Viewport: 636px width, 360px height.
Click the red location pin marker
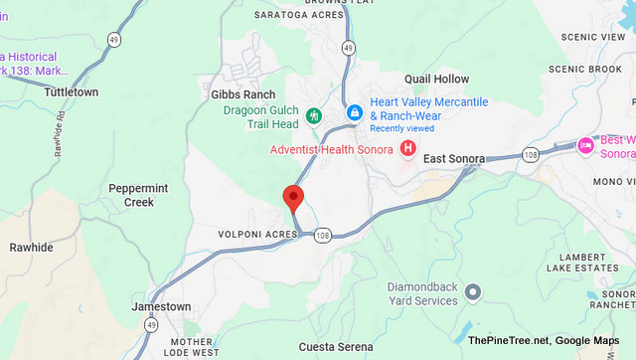tap(293, 196)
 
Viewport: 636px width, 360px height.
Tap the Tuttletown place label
tap(71, 90)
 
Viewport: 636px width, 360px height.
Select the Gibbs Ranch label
tap(242, 93)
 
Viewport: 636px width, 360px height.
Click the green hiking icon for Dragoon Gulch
tap(314, 115)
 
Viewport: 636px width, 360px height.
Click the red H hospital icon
tap(407, 149)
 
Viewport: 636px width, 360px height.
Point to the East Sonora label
tap(454, 159)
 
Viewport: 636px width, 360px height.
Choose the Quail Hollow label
tap(436, 79)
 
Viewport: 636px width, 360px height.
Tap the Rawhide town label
tap(31, 247)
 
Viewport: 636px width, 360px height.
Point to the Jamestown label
tap(161, 307)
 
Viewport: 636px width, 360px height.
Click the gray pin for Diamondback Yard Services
tap(472, 292)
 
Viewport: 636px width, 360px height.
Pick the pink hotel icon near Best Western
tap(585, 146)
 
